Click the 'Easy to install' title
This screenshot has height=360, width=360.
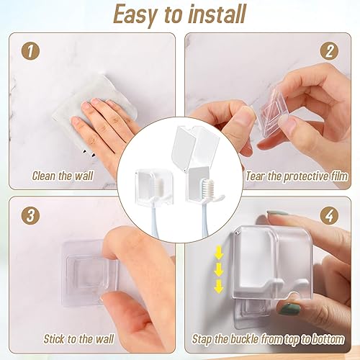tap(180, 14)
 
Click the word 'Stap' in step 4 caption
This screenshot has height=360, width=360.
tap(206, 336)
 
